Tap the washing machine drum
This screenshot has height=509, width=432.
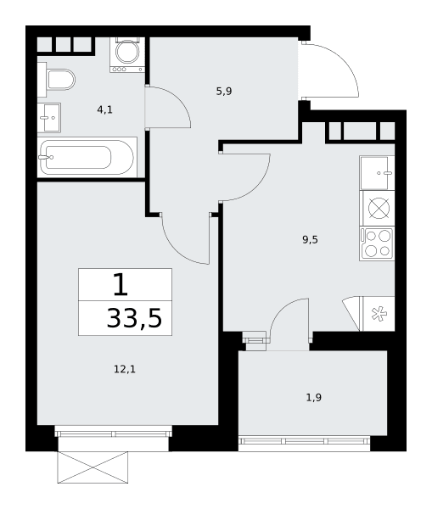click(127, 51)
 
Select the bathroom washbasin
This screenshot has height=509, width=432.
click(49, 118)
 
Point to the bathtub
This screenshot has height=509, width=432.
click(87, 158)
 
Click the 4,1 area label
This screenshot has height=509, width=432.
click(104, 109)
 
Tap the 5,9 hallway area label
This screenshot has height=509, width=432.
click(224, 92)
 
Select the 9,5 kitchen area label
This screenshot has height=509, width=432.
click(310, 239)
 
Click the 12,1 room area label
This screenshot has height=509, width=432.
click(125, 369)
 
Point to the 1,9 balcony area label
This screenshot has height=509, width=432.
click(314, 397)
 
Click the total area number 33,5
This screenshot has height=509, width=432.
click(134, 318)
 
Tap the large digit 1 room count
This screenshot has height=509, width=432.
click(121, 284)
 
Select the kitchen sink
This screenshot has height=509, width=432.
click(377, 173)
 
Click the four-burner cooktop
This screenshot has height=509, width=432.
click(377, 243)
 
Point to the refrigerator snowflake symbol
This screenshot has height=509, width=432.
click(379, 314)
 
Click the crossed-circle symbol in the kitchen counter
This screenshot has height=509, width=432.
click(379, 209)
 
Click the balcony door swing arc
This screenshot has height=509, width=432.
click(282, 310)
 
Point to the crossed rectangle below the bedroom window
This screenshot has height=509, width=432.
click(93, 467)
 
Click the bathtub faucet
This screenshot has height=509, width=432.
click(46, 158)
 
